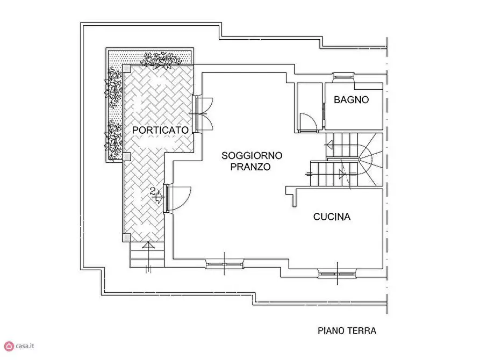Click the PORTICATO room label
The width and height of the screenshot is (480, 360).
click(160, 130)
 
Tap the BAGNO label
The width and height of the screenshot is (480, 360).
click(351, 99)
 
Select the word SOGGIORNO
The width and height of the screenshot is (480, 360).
click(252, 156)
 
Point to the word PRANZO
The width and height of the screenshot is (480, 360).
click(250, 167)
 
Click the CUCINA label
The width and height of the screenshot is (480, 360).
click(332, 217)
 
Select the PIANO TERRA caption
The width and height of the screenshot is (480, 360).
click(347, 331)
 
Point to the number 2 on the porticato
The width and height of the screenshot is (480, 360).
click(153, 191)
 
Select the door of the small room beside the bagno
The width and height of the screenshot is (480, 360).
click(306, 123)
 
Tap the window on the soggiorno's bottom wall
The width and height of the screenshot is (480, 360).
click(225, 263)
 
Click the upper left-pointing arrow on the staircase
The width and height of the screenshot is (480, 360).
click(330, 144)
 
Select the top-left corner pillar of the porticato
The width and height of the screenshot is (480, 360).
click(126, 68)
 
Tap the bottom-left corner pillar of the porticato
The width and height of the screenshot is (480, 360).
click(126, 237)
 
